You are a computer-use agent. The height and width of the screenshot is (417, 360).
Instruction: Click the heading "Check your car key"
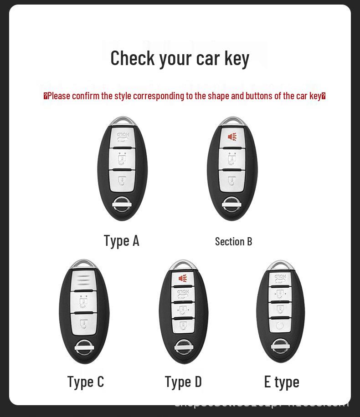point(180,58)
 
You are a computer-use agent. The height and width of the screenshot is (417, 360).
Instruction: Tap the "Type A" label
point(121,241)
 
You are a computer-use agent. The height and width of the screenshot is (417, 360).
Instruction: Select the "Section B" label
point(233,241)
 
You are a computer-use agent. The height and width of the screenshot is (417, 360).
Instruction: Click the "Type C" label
point(86,382)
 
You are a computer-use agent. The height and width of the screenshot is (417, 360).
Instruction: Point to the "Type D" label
point(183,382)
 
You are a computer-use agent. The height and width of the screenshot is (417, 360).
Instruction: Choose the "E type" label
point(282,382)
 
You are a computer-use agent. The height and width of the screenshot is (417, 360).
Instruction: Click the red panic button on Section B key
point(232,137)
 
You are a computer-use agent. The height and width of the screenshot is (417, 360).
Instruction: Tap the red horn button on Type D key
point(183,278)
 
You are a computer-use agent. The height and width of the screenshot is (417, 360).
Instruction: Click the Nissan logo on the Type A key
point(122,203)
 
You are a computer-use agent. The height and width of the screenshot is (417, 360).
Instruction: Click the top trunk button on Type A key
point(122,137)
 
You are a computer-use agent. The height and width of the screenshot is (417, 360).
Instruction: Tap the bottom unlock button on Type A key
point(122,179)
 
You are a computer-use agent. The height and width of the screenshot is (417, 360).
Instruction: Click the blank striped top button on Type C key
point(84,280)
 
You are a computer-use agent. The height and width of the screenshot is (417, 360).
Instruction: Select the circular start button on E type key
point(280,326)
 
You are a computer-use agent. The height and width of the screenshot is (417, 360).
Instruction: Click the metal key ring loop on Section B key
point(232,121)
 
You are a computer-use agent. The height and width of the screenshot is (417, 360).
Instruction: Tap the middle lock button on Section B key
point(232,159)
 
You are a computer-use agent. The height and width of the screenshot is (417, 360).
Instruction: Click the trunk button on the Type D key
point(183,294)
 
